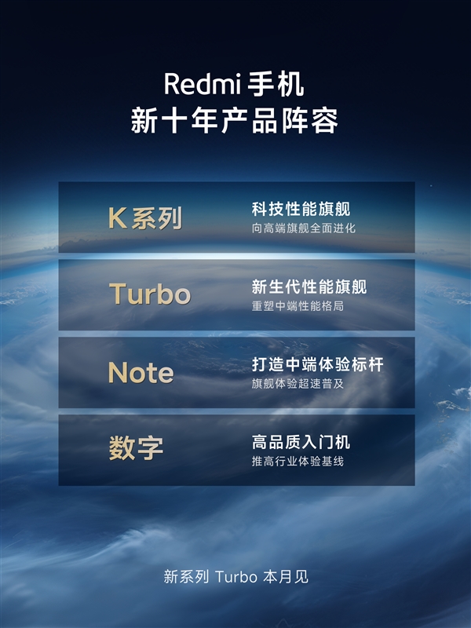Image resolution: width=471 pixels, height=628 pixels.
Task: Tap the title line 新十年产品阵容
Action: click(x=235, y=122)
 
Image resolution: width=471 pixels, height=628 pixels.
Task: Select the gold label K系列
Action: click(x=144, y=218)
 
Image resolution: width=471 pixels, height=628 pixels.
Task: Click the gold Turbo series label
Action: click(x=149, y=294)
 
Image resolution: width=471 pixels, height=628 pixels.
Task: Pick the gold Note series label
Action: click(x=141, y=372)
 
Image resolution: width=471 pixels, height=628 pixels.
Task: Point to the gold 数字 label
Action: click(x=136, y=448)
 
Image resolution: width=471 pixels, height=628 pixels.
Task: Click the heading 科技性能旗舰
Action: click(x=301, y=210)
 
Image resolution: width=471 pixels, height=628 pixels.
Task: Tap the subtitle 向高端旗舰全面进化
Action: click(x=303, y=228)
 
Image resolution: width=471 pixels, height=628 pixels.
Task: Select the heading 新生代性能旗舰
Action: click(x=309, y=287)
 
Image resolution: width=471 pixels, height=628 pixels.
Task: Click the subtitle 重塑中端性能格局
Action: click(x=298, y=305)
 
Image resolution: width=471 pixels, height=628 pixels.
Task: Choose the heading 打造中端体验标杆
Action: click(x=317, y=364)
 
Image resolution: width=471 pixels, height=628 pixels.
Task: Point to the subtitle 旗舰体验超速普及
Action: click(x=298, y=383)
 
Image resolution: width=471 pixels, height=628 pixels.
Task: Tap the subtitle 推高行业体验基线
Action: click(x=298, y=461)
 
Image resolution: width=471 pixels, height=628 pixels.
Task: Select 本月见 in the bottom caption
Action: click(x=286, y=577)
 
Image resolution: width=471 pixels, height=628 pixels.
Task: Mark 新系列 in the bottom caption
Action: click(x=186, y=577)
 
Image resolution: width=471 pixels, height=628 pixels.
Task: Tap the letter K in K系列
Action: click(x=117, y=218)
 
